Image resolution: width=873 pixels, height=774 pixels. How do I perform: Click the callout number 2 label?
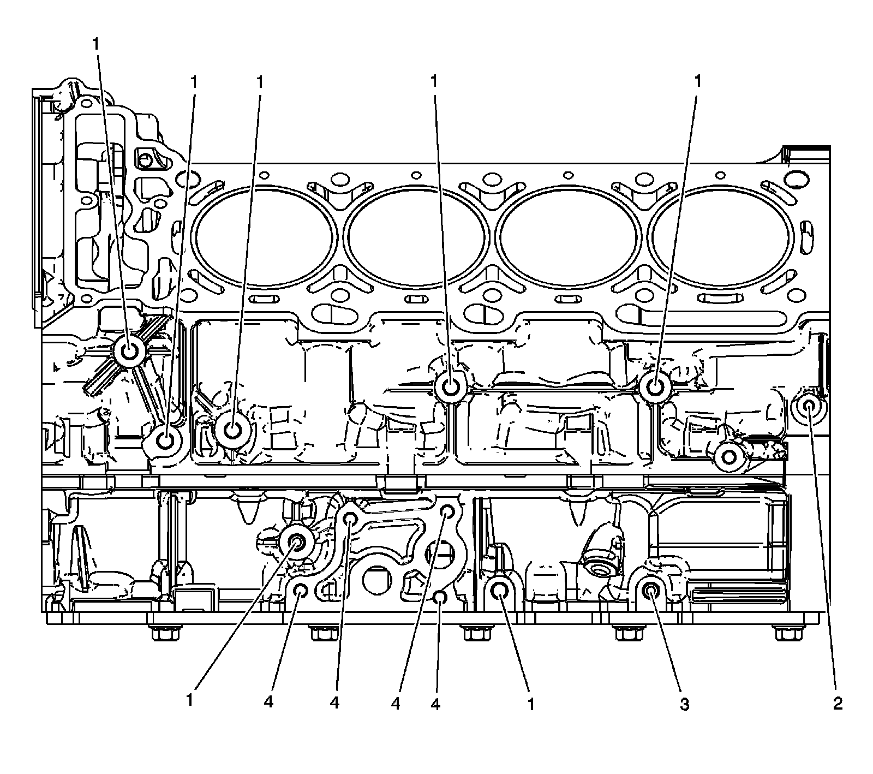[837, 704]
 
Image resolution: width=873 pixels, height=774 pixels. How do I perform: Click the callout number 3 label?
[684, 704]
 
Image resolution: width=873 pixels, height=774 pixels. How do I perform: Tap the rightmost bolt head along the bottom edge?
[787, 634]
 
